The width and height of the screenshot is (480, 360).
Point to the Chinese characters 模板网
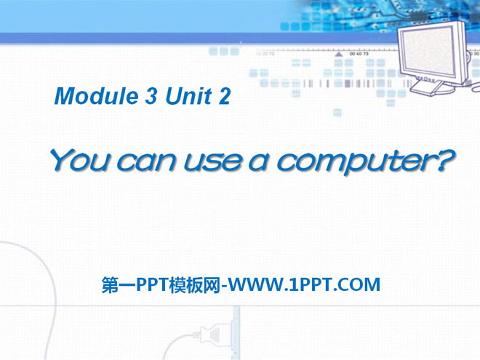197,284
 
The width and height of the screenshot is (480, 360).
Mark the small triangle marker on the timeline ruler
339,54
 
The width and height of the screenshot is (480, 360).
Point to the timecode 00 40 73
359,53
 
